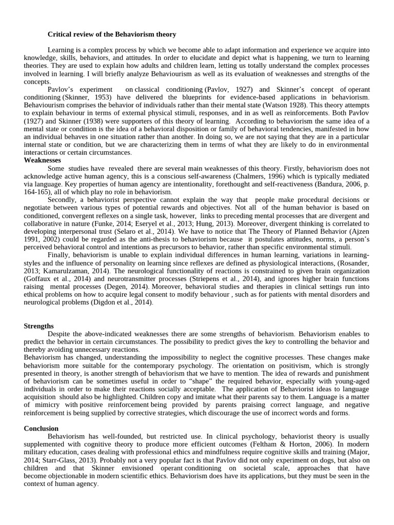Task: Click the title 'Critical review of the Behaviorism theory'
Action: coord(112,34)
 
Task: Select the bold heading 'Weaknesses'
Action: coord(43,160)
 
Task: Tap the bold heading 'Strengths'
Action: coord(39,326)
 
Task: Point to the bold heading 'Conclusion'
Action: coord(42,428)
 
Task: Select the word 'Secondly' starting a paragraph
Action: coord(63,200)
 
